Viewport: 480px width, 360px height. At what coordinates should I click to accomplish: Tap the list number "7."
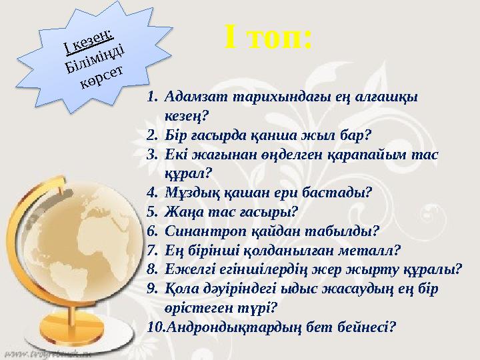pos(153,251)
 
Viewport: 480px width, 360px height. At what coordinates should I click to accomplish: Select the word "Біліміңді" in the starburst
pos(93,57)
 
